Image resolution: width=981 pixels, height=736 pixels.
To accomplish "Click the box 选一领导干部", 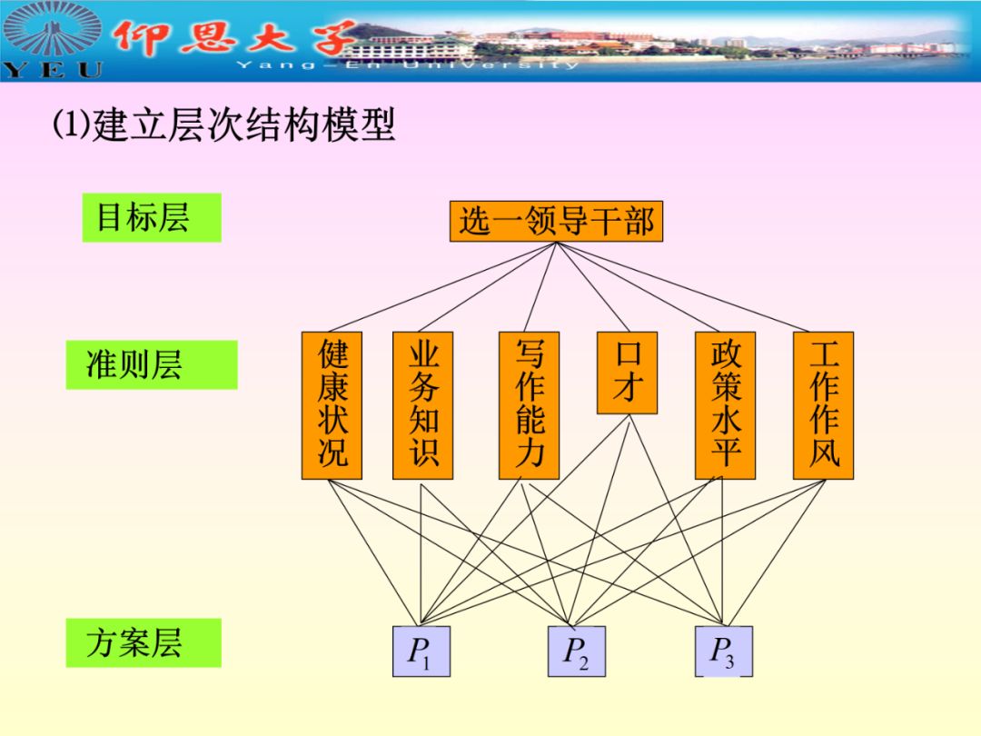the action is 556,221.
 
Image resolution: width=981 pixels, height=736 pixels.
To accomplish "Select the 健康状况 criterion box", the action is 332,405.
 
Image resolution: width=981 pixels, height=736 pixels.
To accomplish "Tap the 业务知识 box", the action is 422,405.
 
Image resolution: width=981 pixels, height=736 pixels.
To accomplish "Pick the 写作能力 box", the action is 529,405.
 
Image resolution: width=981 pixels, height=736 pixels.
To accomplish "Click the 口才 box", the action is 627,373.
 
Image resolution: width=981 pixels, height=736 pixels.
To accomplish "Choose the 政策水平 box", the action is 725,405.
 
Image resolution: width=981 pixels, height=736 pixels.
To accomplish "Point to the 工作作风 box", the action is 823,405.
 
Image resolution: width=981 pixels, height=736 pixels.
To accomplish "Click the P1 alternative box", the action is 421,651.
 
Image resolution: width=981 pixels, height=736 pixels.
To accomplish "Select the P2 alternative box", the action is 576,651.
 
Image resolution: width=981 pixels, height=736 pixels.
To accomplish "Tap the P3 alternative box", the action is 723,651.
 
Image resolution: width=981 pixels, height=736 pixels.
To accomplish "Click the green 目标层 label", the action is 151,217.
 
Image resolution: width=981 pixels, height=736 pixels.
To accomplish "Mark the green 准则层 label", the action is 151,364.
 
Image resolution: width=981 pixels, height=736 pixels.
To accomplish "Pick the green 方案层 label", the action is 143,642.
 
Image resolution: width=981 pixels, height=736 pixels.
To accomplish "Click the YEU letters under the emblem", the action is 53,69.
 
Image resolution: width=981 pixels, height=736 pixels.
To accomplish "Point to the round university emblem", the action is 53,29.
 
